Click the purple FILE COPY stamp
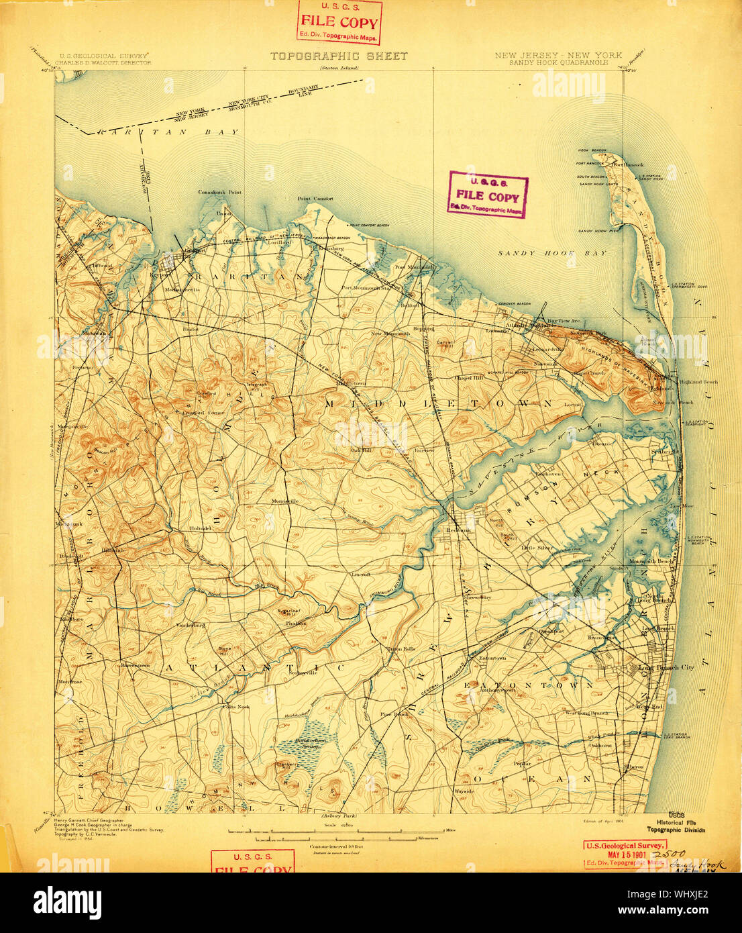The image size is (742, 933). [x=488, y=195]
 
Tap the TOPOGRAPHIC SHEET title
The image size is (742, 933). [x=339, y=56]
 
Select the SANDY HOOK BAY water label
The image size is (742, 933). [x=552, y=253]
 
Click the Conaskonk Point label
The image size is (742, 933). [x=219, y=192]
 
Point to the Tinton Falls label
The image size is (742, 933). [x=401, y=648]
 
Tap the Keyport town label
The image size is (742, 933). [x=159, y=274]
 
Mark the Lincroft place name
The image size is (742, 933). [x=362, y=575]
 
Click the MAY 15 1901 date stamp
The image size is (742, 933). [x=625, y=854]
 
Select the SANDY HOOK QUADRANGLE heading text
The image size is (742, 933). [x=558, y=62]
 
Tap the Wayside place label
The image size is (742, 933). [x=464, y=791]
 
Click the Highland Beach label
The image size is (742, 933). [x=700, y=382]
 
